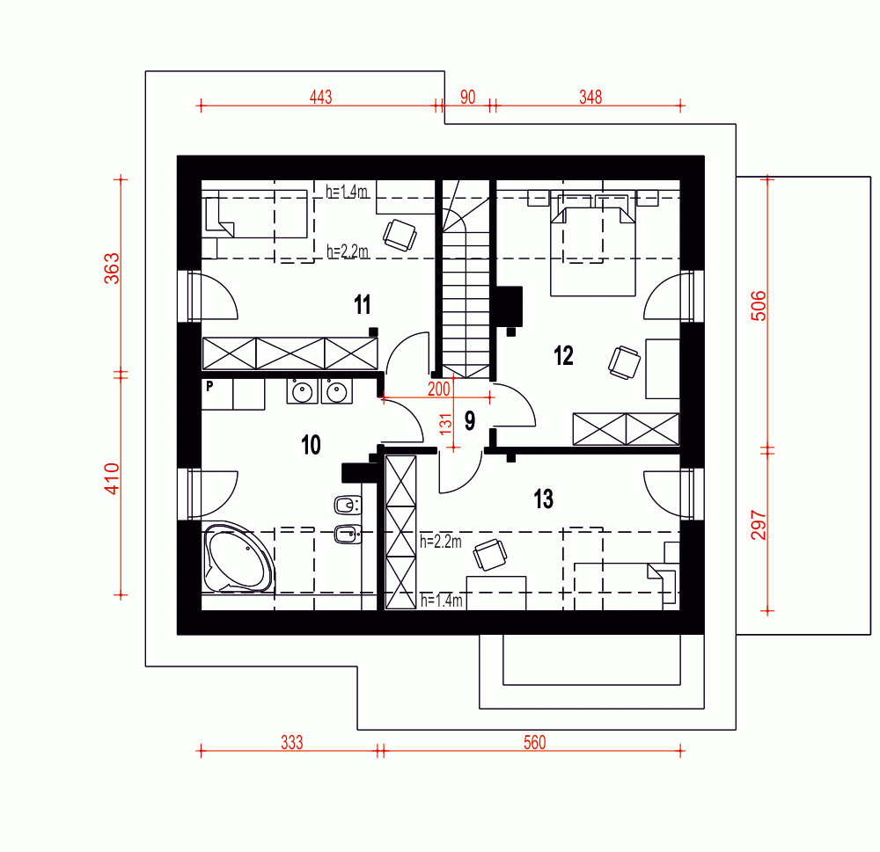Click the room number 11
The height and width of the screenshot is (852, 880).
click(x=363, y=304)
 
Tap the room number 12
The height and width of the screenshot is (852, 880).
click(x=563, y=355)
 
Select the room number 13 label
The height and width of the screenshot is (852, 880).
click(x=543, y=499)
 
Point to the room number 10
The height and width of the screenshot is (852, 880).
click(x=311, y=445)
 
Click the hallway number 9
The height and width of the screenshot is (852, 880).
click(x=470, y=420)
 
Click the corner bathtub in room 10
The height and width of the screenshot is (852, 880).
click(x=238, y=558)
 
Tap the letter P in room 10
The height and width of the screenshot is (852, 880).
click(x=209, y=386)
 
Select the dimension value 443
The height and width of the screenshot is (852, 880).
click(x=321, y=97)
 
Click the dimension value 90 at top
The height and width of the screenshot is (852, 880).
click(x=467, y=97)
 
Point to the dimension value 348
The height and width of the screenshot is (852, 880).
click(x=590, y=97)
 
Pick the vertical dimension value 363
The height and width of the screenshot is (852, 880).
click(x=113, y=268)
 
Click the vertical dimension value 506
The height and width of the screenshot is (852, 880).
click(x=759, y=306)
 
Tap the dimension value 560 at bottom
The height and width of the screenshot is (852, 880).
click(x=534, y=743)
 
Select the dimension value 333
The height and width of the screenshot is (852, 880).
click(x=292, y=743)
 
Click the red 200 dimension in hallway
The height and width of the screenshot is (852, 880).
click(x=439, y=389)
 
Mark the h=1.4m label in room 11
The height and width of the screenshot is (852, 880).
click(x=347, y=192)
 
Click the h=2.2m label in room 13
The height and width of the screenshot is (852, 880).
click(x=441, y=542)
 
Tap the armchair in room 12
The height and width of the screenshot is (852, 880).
click(x=624, y=362)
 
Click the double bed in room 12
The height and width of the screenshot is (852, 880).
click(x=593, y=244)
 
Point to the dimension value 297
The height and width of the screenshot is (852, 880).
click(x=759, y=525)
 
